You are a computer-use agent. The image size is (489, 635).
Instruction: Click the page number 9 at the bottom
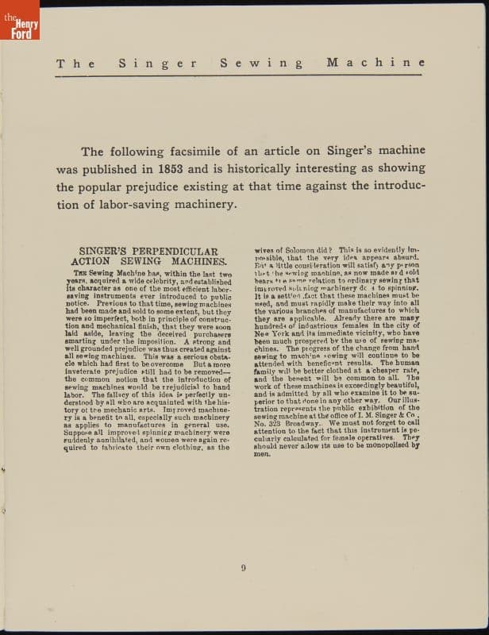click(244, 566)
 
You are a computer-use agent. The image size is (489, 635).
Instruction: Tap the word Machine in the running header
click(375, 63)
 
